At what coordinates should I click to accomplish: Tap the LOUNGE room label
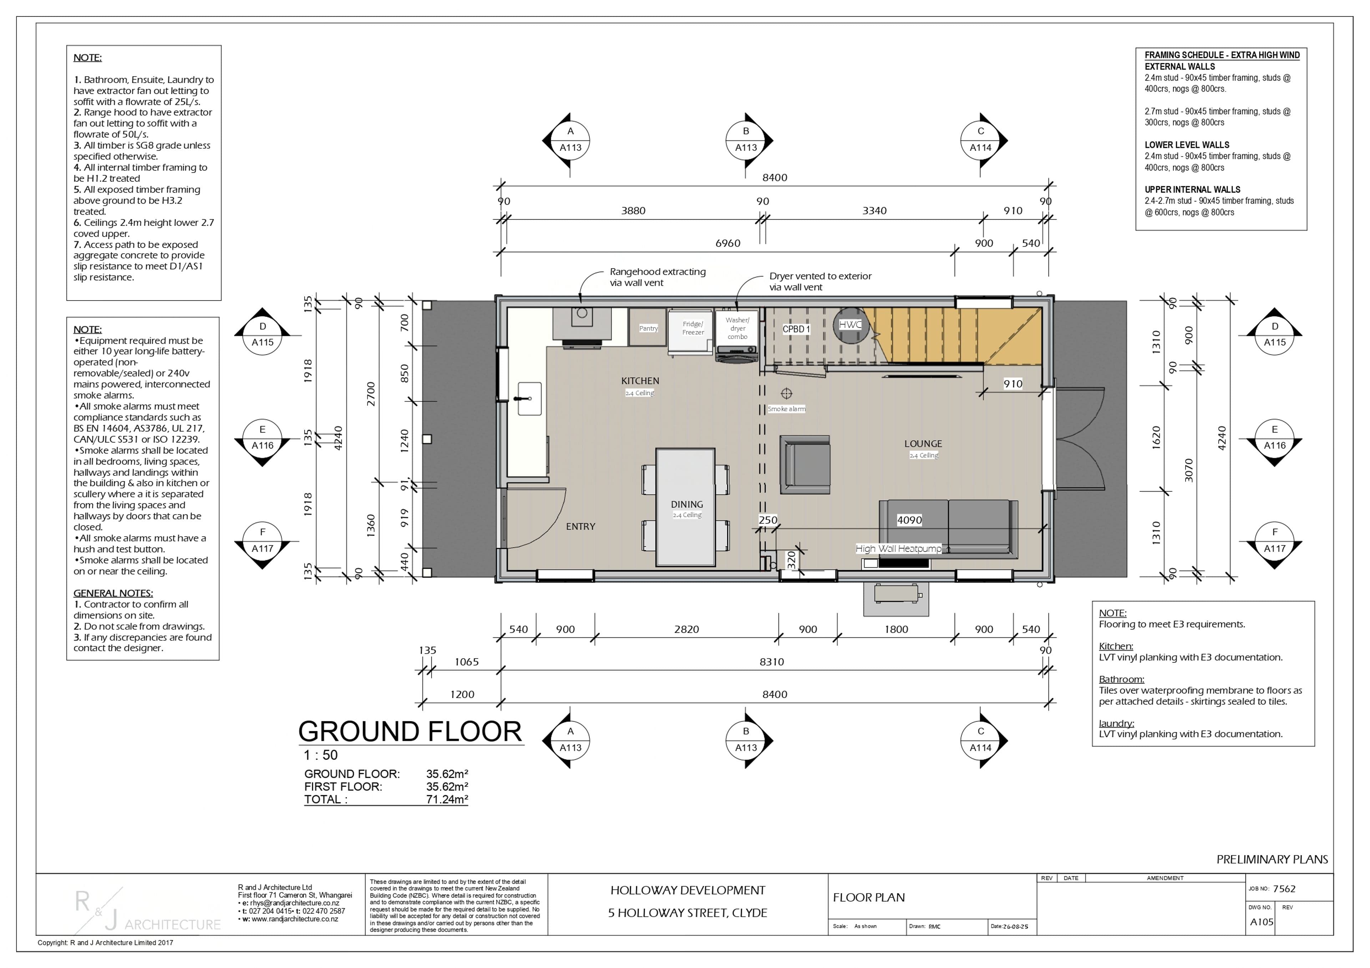coord(923,444)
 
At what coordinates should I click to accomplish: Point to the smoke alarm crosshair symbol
coord(786,394)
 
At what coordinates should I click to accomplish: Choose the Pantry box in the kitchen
coord(648,327)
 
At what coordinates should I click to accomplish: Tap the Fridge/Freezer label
coord(693,328)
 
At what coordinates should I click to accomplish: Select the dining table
coord(686,507)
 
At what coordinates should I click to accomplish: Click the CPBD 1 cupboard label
coord(796,329)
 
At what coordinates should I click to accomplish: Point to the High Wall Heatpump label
coord(899,549)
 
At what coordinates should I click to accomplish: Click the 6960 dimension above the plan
coord(728,244)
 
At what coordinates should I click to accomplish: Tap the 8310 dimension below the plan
coord(772,662)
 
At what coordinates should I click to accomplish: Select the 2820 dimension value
coord(686,629)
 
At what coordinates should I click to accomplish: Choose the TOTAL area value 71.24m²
coord(447,800)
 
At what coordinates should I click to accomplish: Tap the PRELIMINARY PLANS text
coord(1272,860)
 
